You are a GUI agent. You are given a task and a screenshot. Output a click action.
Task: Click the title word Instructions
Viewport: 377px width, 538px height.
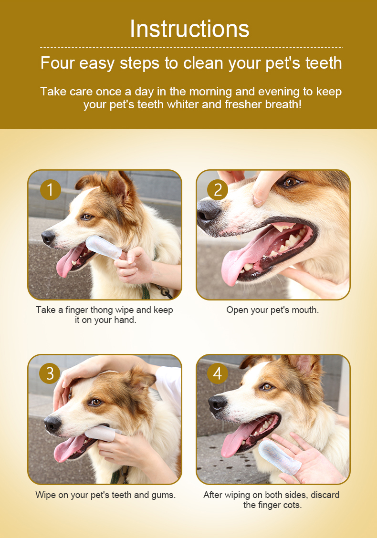click(189, 29)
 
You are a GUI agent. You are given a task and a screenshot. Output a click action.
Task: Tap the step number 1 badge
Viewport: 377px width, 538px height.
click(51, 190)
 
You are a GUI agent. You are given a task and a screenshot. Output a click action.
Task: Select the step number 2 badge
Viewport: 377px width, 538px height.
click(218, 190)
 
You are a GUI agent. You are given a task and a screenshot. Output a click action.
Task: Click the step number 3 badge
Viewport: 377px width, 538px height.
click(50, 373)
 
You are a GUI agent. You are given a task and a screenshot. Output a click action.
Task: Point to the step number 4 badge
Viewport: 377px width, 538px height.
click(218, 373)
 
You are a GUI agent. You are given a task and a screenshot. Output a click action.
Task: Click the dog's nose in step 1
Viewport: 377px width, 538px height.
click(48, 237)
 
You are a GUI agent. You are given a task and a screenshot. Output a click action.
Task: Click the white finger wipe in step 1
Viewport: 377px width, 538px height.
click(103, 247)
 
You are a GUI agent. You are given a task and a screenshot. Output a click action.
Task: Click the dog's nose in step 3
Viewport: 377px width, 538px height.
click(52, 424)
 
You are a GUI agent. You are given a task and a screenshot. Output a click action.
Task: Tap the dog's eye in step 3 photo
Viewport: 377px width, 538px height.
click(96, 402)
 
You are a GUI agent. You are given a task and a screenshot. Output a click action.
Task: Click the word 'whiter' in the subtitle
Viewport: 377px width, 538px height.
click(183, 104)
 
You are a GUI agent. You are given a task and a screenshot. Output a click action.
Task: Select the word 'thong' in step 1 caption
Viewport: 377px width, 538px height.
click(102, 310)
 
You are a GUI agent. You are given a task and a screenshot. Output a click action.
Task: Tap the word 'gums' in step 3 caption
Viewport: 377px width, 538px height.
click(166, 495)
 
